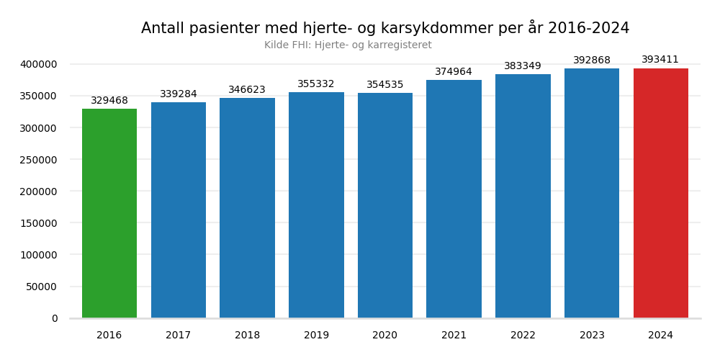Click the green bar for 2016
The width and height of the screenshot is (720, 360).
[109, 213]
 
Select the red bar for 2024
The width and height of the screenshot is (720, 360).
[661, 193]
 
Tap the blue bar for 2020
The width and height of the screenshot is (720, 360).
[385, 205]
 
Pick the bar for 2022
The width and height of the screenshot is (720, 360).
[523, 196]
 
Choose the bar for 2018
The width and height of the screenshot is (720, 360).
[247, 208]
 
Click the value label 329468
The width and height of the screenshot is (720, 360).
[109, 101]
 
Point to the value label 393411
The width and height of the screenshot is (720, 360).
[660, 60]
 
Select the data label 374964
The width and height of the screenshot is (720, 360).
[454, 72]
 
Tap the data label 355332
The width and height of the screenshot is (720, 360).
[316, 84]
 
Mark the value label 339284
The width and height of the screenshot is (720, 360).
[179, 94]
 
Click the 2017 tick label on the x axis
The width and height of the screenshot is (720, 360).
[179, 336]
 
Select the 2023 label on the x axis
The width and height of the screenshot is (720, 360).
[592, 336]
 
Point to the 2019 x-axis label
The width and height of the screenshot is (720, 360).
[316, 336]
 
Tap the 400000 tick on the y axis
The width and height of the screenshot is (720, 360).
[39, 65]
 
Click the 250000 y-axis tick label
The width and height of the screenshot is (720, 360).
[39, 160]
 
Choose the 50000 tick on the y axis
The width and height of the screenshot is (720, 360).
[42, 287]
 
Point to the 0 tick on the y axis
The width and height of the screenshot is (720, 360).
[55, 318]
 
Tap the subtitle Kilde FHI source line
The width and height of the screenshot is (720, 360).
[348, 45]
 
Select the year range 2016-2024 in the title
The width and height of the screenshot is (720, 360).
[588, 29]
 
